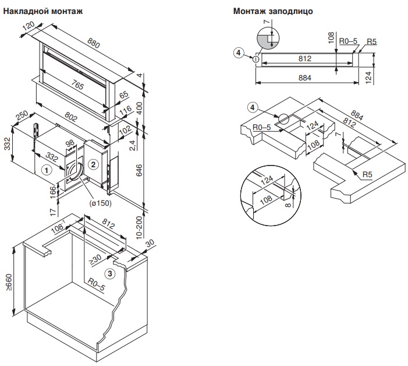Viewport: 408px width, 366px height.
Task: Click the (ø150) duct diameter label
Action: [100, 203]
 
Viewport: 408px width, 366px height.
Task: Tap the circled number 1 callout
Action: [47, 170]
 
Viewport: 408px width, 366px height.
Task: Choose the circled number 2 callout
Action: [92, 164]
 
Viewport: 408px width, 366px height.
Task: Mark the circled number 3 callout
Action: [110, 273]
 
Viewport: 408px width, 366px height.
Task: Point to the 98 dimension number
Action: [70, 143]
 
